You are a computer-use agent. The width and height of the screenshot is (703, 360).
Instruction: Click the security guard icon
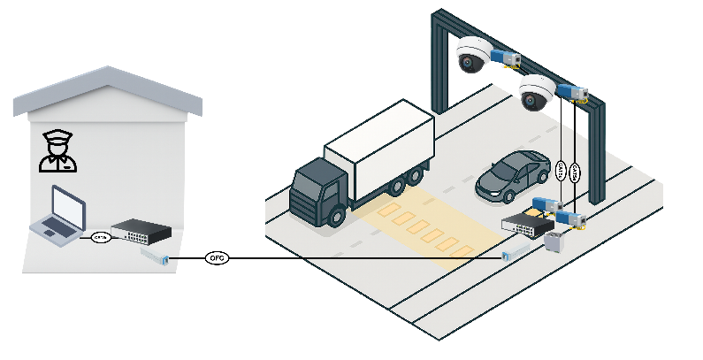coord(58,151)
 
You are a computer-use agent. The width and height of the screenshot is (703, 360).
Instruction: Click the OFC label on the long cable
coord(217,258)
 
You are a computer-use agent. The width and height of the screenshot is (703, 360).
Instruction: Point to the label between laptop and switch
coord(100,237)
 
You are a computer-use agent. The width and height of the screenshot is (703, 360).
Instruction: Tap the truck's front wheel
coord(336,214)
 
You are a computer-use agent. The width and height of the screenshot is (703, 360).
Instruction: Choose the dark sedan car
coord(513,174)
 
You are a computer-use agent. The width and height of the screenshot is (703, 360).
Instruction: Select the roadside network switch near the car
coord(526,225)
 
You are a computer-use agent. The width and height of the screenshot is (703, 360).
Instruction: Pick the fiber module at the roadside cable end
coord(511,256)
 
